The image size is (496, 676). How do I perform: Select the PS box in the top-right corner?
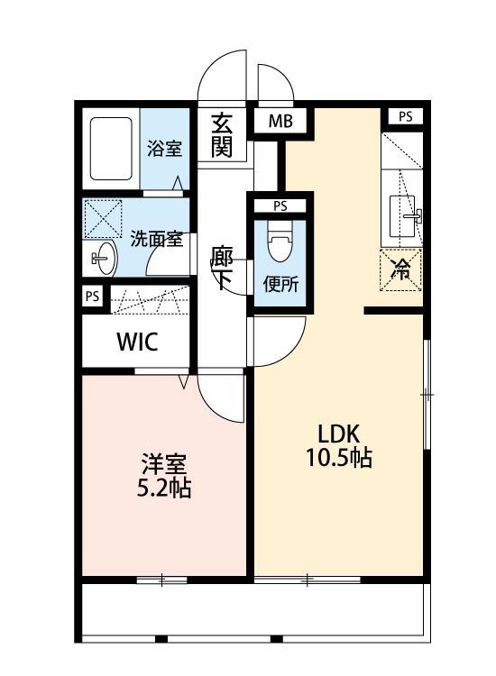[x=406, y=116]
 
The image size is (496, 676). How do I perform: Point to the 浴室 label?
[x=164, y=147]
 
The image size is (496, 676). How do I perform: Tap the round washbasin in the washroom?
[x=104, y=260]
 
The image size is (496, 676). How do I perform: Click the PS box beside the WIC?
[x=92, y=297]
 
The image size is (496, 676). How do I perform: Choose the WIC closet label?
[x=137, y=343]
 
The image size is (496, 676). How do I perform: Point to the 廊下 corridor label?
[x=222, y=268]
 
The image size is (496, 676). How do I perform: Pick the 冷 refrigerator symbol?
[x=400, y=269]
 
